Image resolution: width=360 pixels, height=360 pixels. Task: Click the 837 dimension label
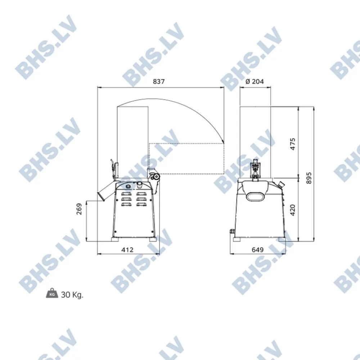159,81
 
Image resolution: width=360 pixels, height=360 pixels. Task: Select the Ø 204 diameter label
255,81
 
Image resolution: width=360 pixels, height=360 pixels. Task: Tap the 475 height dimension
293,144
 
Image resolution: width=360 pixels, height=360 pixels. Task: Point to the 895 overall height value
309,178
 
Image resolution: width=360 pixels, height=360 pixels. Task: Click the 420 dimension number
293,210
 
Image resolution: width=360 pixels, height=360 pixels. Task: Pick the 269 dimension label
79,209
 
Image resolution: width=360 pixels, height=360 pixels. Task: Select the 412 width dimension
127,249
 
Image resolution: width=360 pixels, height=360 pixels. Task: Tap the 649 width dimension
258,249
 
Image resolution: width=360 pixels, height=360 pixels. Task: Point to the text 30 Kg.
72,294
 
